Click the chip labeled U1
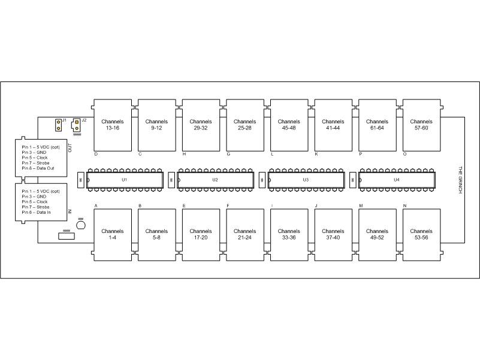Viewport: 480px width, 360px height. click(x=125, y=180)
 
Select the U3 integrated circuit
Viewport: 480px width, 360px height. click(x=306, y=180)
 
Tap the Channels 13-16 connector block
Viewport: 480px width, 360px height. click(x=113, y=125)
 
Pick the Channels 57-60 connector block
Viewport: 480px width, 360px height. click(x=421, y=125)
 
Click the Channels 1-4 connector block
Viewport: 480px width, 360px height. click(x=113, y=235)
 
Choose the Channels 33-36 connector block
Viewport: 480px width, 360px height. click(x=289, y=235)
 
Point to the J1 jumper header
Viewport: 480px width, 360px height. click(x=59, y=125)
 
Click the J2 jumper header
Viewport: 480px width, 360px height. click(x=76, y=125)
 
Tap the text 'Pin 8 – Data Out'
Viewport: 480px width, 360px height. click(x=38, y=168)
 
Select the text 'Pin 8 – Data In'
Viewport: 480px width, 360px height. click(x=36, y=213)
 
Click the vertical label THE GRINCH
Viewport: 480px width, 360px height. click(x=460, y=180)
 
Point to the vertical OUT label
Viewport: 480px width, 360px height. click(x=70, y=148)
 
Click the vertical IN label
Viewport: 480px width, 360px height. click(x=70, y=211)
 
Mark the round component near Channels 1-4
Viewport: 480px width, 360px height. click(x=81, y=225)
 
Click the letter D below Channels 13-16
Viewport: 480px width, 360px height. click(x=96, y=155)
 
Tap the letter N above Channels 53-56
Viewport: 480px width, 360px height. click(x=404, y=205)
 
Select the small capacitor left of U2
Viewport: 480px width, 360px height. click(x=171, y=180)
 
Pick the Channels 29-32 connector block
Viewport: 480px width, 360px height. click(x=201, y=125)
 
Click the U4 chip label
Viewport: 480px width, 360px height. click(x=397, y=180)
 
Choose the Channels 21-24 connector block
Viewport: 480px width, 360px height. click(x=245, y=235)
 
